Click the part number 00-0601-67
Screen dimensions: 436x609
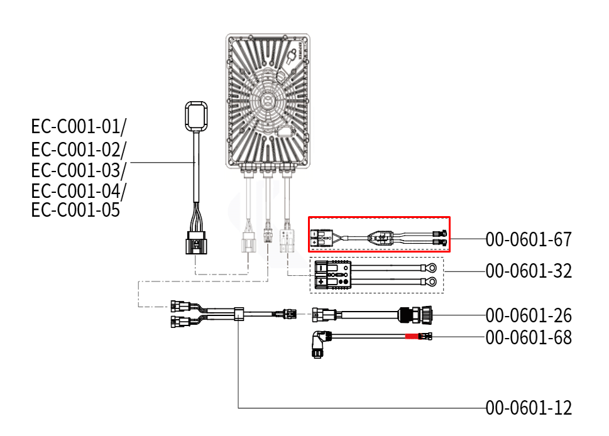coord(529,239)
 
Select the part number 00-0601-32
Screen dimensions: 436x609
coord(529,271)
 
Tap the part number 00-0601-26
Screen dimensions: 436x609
coord(529,315)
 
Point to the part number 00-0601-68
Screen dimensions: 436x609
coord(529,338)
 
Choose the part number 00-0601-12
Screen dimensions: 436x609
coord(529,408)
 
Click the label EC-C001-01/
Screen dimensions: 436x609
coord(79,126)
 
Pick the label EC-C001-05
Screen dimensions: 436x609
coord(75,209)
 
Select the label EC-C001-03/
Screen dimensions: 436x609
coord(79,170)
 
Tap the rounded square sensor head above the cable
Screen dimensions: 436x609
coord(197,116)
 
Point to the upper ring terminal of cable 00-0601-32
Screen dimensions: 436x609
coord(429,267)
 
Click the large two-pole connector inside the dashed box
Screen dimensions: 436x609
coord(333,275)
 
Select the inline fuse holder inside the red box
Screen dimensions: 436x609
coord(381,238)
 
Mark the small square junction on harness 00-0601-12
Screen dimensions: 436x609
coord(238,313)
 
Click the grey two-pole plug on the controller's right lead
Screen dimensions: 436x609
coord(288,241)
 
